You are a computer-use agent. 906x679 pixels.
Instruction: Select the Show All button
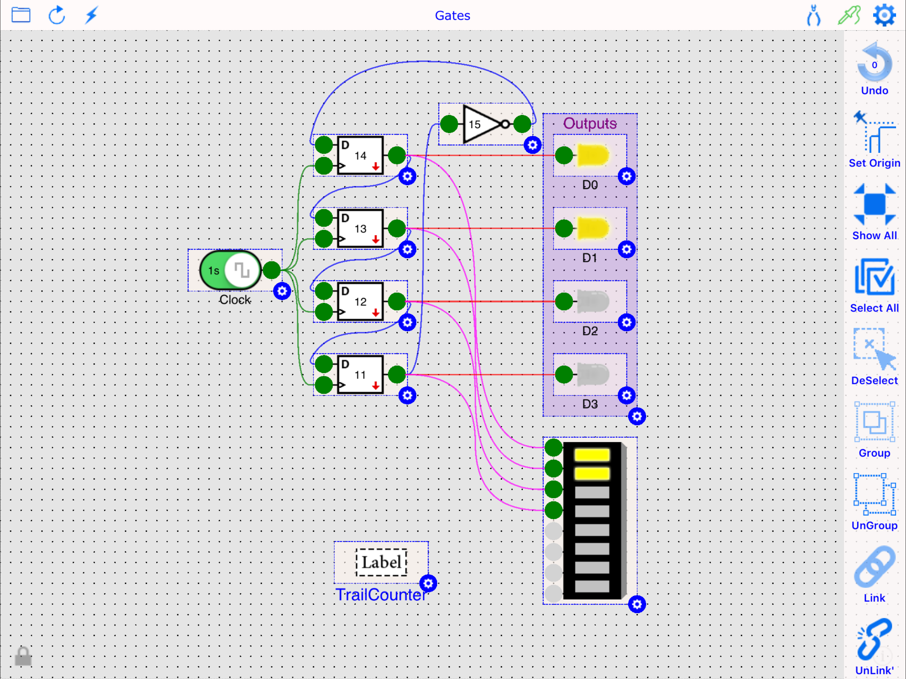874,211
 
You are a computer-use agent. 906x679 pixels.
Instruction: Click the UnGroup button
874,501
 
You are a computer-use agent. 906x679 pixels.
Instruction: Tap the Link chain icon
874,573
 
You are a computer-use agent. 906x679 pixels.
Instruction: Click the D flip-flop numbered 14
360,155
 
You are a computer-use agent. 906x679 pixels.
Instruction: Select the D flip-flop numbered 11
360,375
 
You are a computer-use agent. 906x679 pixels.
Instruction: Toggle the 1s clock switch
230,270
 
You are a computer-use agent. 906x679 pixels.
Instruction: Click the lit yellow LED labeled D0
592,155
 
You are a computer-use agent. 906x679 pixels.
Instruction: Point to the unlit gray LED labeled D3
592,374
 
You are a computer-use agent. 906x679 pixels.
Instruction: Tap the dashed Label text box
381,562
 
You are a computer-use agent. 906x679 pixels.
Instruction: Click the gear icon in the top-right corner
884,16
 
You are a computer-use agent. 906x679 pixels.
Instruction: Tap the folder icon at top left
21,15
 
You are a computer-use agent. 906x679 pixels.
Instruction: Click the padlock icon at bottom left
23,656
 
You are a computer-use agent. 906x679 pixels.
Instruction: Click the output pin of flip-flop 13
397,228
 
